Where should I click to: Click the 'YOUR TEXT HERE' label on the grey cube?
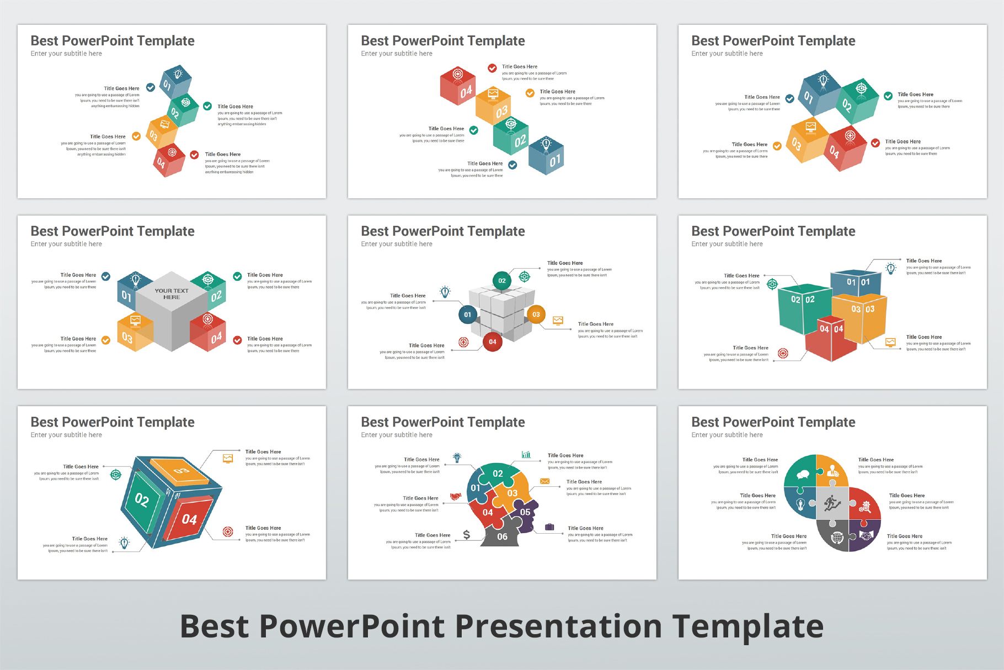click(172, 294)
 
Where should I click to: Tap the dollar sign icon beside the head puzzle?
click(467, 535)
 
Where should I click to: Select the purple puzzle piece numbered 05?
click(525, 513)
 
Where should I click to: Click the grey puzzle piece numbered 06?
click(501, 536)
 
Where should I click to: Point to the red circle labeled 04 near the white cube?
click(493, 342)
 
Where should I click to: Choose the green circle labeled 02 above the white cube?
click(502, 281)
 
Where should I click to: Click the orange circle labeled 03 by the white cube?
click(536, 315)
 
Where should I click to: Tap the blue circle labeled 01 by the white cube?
click(468, 315)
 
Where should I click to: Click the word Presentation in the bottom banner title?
click(558, 627)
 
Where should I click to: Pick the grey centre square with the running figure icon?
click(832, 503)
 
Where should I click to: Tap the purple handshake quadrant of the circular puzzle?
click(863, 535)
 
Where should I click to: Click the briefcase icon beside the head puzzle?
click(549, 527)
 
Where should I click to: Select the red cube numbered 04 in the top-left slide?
click(168, 161)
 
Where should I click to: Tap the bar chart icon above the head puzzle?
click(526, 455)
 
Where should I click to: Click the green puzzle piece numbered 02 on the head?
click(498, 473)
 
